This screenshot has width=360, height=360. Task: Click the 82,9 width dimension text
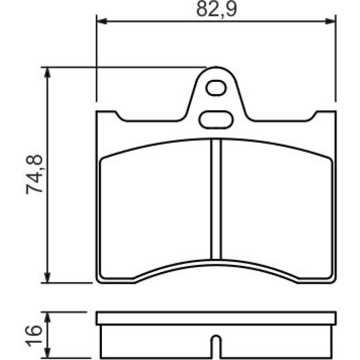point(216,9)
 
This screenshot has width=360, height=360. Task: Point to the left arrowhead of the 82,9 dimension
point(102,22)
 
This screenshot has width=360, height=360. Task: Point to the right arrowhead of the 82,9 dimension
point(331,22)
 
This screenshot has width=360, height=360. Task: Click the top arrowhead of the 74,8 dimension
point(47,73)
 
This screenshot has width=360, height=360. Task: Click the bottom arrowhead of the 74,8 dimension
point(47,277)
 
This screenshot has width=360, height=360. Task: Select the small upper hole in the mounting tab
point(216,88)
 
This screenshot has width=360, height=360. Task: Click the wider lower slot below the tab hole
point(216,119)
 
